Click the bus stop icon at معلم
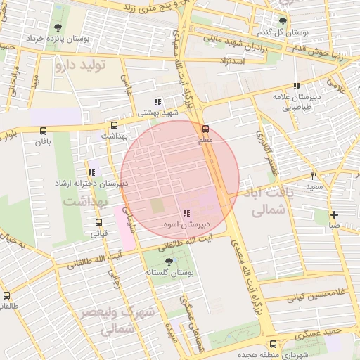tap(206, 129)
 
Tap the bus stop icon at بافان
tap(44, 131)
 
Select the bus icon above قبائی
tap(98, 223)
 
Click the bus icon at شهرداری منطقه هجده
tap(273, 344)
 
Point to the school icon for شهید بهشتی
tap(157, 101)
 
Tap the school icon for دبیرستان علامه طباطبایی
tap(297, 86)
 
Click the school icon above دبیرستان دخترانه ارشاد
tap(91, 172)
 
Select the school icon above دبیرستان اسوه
tap(186, 214)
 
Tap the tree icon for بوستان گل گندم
tap(283, 22)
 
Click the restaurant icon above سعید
tap(314, 176)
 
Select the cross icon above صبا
tap(334, 214)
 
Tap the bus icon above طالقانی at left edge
tap(6, 295)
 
